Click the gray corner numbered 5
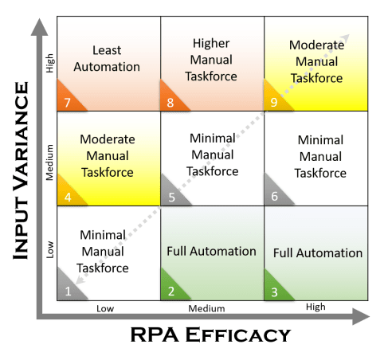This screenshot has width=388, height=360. coord(171,195)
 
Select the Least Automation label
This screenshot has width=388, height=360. coord(106,58)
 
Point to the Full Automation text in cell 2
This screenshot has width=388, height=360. coord(211,251)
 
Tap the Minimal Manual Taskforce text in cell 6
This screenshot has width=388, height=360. coord(320,156)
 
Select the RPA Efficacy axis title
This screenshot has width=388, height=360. coord(210,335)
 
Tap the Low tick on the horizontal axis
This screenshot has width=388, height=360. coord(106,307)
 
